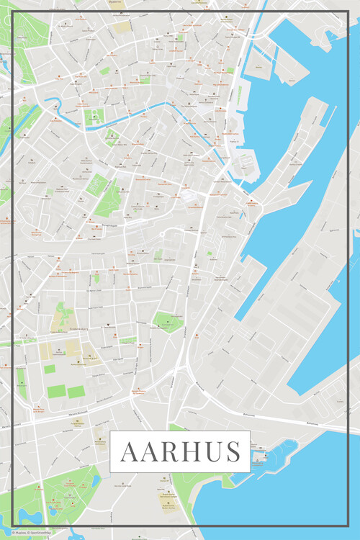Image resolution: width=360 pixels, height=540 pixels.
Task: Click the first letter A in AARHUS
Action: [x=130, y=452]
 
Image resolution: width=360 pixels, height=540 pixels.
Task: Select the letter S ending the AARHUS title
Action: [x=232, y=452]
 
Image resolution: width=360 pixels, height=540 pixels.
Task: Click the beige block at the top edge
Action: [x=121, y=26]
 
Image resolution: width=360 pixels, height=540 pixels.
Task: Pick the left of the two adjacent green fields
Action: [x=58, y=392]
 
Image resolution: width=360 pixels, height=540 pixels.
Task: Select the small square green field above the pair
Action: [x=49, y=369]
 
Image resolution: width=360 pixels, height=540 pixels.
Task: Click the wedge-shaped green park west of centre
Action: [x=108, y=196]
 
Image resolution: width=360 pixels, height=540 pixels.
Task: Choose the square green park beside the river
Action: [x=93, y=117]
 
